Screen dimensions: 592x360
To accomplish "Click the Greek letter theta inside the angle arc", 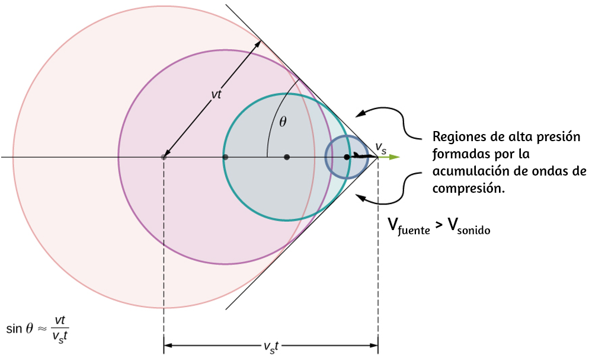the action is click(283, 122).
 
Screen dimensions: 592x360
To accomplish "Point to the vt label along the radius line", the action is click(216, 94).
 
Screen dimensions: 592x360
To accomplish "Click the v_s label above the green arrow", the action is click(381, 148).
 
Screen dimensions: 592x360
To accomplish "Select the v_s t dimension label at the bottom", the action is click(271, 347).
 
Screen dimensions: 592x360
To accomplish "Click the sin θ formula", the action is click(37, 329).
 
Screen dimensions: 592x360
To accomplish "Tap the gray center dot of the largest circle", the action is click(164, 157).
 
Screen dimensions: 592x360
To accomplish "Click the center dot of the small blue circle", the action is click(347, 157).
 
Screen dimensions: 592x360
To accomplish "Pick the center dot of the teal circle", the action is click(287, 157).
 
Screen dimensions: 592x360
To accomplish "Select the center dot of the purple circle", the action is click(225, 157).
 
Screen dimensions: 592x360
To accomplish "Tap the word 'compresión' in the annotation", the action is click(469, 189).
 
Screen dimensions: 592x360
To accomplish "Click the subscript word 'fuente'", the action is click(414, 231).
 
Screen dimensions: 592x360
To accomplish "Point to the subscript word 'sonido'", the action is click(473, 230).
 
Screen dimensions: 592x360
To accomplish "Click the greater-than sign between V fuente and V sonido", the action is click(439, 225).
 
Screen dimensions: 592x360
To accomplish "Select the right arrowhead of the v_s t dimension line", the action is click(374, 345).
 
